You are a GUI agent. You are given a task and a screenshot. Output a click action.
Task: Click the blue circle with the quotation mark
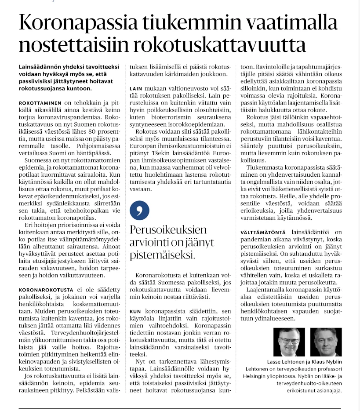139,210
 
